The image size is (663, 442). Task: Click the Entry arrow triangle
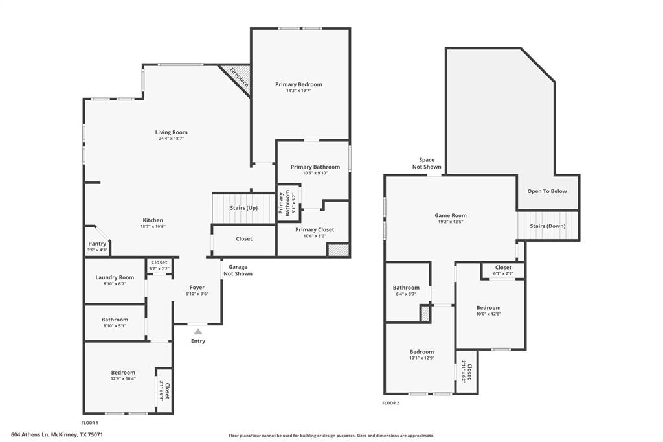tap(198, 331)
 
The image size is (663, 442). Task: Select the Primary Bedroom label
tap(298, 84)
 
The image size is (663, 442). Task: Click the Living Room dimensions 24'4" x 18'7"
tap(172, 139)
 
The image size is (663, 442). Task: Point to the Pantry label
tap(97, 244)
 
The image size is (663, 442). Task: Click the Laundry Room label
tap(115, 277)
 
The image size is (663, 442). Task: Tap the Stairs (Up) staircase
tap(243, 208)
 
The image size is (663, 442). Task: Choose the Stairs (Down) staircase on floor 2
tap(548, 226)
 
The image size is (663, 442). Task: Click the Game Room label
tap(450, 215)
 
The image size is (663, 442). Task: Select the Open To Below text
tap(547, 191)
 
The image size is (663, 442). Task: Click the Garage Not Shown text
tap(238, 270)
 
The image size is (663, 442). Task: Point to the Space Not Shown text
tap(427, 163)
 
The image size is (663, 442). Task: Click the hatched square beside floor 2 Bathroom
tap(425, 314)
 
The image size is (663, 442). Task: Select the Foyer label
tap(197, 287)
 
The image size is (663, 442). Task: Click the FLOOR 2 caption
tap(390, 403)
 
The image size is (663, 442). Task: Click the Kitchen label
tap(153, 220)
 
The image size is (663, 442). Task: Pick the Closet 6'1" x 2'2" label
tap(503, 267)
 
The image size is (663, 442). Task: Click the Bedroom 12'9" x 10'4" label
tap(123, 372)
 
